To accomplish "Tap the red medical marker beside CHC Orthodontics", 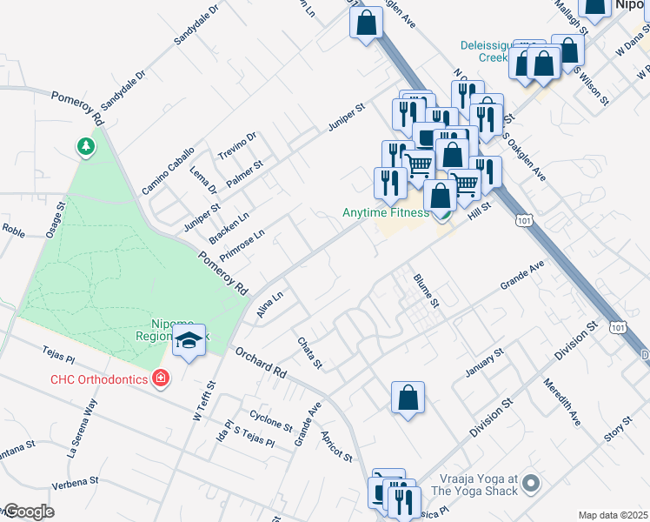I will click(160, 377).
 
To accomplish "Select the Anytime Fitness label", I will click(385, 212).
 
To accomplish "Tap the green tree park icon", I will click(85, 146).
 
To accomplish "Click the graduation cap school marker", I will click(188, 342).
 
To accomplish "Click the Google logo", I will click(28, 512).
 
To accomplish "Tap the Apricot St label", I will click(336, 445).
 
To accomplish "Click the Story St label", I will click(618, 428).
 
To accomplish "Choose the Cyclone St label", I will click(270, 420).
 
